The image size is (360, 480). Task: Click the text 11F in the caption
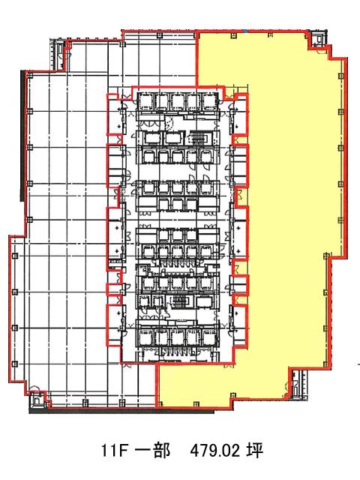click(114, 451)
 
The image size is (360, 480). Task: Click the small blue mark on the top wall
click(245, 31)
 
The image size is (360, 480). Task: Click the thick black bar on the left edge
click(22, 136)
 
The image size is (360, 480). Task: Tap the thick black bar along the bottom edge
click(121, 410)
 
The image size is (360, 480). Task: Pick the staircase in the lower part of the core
click(178, 301)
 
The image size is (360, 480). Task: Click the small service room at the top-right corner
click(317, 39)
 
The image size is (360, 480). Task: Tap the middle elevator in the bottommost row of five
click(178, 338)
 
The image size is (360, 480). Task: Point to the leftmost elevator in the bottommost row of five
click(145, 338)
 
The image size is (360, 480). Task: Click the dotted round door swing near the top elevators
click(169, 123)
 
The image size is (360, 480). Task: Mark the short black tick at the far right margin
click(358, 364)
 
